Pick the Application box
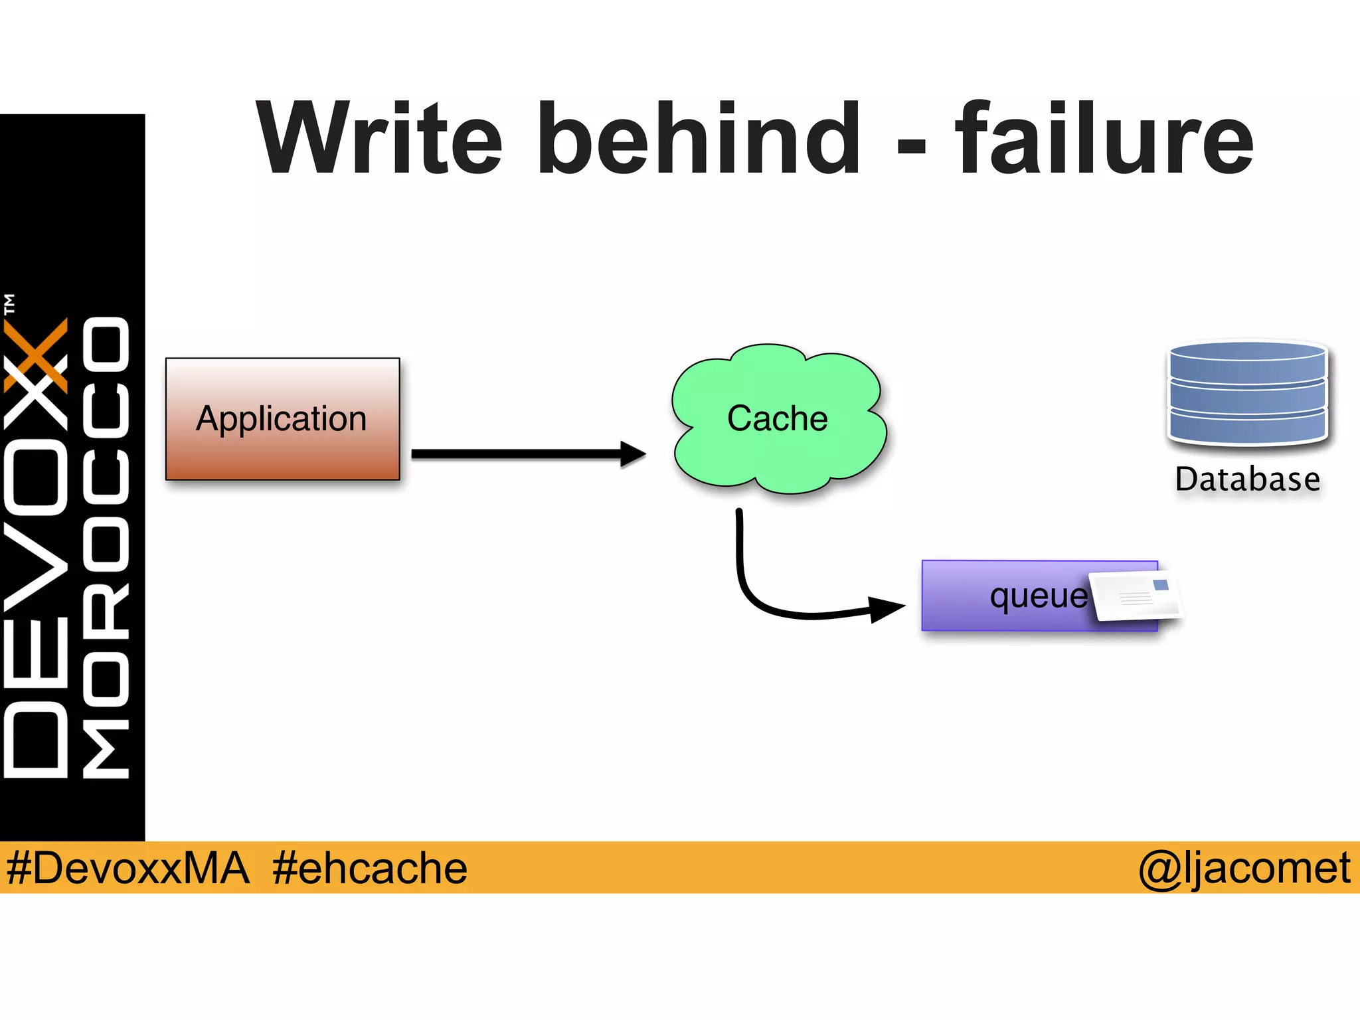tap(282, 418)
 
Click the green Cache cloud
tap(778, 418)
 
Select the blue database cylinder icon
tap(1247, 393)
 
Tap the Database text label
tap(1247, 479)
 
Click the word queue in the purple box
tap(1038, 596)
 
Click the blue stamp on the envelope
tap(1161, 585)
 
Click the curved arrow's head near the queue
tap(887, 608)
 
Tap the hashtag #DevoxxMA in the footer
tap(127, 868)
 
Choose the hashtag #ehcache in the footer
tap(369, 868)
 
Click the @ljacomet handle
tap(1244, 868)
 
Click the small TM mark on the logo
tap(9, 304)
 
